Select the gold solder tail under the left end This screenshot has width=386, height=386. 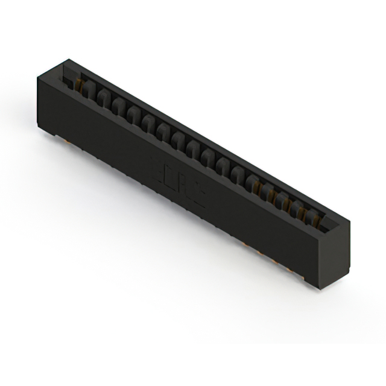click(x=65, y=140)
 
